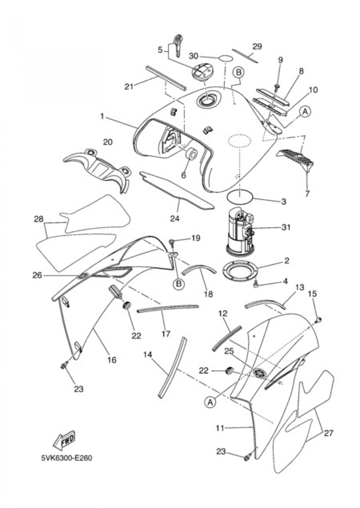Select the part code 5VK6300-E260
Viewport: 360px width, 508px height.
[66, 459]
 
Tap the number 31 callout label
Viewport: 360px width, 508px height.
[286, 228]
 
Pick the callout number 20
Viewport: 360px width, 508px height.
[107, 142]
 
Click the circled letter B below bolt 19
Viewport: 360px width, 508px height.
[178, 284]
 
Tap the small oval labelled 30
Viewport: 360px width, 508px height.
[225, 58]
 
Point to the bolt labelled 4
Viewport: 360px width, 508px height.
[256, 285]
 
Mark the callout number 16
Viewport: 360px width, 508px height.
[112, 359]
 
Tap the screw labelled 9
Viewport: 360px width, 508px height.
[278, 86]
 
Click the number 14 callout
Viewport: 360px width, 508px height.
[148, 355]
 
